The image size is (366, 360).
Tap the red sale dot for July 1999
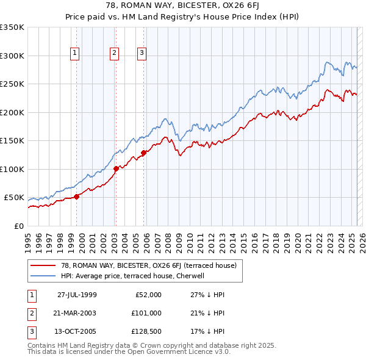[x=77, y=196]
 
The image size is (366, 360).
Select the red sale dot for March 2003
[x=116, y=168]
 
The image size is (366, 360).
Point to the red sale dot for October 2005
[x=144, y=153]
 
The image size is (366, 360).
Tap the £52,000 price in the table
[x=146, y=295]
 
